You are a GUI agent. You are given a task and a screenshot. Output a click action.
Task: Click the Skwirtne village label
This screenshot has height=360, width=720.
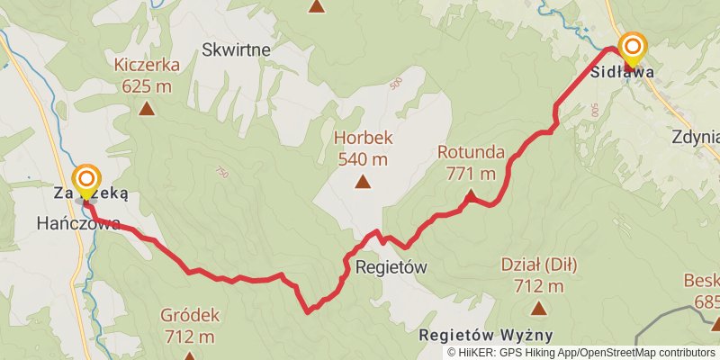point(237,49)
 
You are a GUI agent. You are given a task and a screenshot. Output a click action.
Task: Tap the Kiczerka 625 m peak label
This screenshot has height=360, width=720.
point(147,75)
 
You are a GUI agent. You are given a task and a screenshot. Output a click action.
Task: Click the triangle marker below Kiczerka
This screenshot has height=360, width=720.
point(147,110)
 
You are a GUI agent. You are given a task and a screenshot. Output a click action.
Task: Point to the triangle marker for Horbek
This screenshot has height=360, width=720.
point(363,183)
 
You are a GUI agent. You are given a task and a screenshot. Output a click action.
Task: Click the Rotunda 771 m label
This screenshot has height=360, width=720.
point(471,162)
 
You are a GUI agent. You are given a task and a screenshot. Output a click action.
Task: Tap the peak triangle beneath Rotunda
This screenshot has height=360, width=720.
point(470,193)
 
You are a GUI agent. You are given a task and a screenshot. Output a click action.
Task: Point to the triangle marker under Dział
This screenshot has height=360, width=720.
point(538,309)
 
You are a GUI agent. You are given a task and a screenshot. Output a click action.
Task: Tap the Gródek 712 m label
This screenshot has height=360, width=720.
point(190,326)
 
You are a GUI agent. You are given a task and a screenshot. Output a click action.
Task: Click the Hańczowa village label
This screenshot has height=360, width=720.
point(78,224)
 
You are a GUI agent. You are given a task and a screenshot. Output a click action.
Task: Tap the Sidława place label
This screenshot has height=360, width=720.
point(621,73)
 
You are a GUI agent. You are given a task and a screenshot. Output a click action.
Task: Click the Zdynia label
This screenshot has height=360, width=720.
point(696,138)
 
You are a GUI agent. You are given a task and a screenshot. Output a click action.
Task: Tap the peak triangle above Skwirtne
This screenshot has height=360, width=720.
point(317,7)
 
